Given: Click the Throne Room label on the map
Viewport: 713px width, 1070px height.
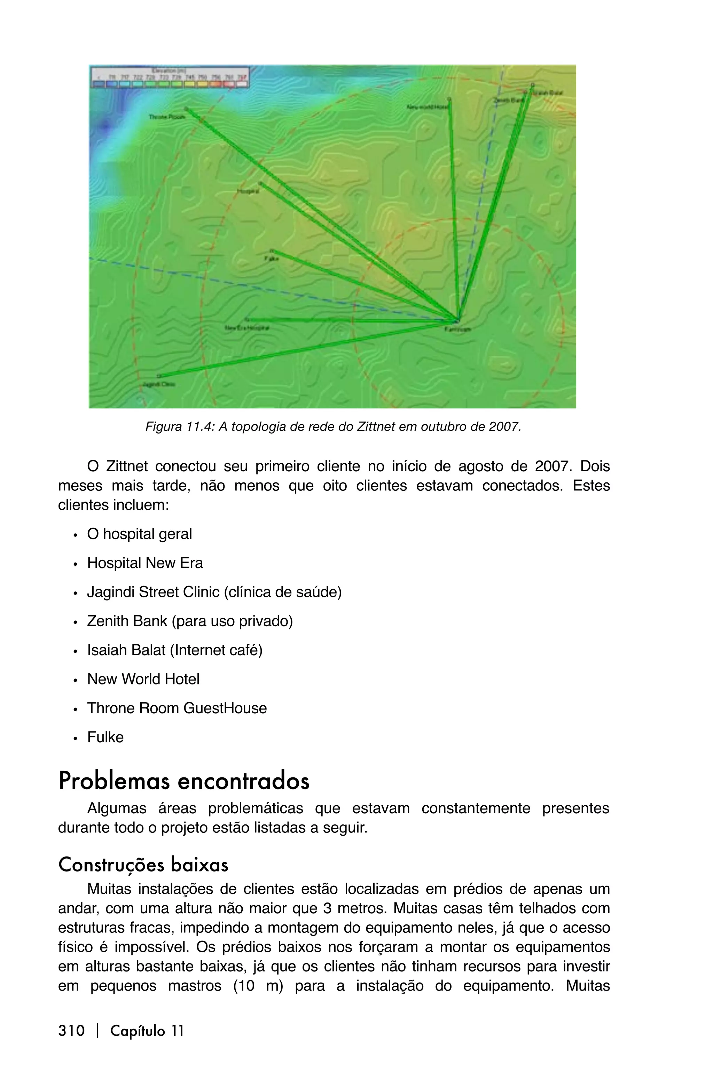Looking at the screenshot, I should click(167, 117).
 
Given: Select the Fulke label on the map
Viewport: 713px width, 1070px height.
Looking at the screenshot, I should click(272, 258).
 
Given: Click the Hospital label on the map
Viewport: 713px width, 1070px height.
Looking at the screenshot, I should click(248, 192).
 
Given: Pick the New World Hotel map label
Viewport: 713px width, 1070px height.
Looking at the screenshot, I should click(427, 107).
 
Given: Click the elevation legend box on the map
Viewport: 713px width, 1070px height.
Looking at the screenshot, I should click(170, 77).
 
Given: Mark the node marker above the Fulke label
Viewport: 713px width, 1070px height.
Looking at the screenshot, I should click(272, 251).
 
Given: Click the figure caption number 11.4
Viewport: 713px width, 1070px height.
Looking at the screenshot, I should click(199, 427).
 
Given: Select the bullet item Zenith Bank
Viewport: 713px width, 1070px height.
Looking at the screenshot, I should click(190, 621).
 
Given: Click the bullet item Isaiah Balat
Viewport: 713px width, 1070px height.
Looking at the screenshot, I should click(175, 650).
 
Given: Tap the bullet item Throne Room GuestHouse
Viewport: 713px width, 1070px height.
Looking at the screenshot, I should click(177, 708).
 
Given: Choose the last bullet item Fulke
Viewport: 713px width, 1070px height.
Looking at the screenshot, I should click(105, 737).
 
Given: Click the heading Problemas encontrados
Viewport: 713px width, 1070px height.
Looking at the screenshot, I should click(184, 781).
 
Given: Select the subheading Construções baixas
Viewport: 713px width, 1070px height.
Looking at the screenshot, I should click(143, 865).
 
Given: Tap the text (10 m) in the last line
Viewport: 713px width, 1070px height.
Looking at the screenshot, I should click(258, 986).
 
